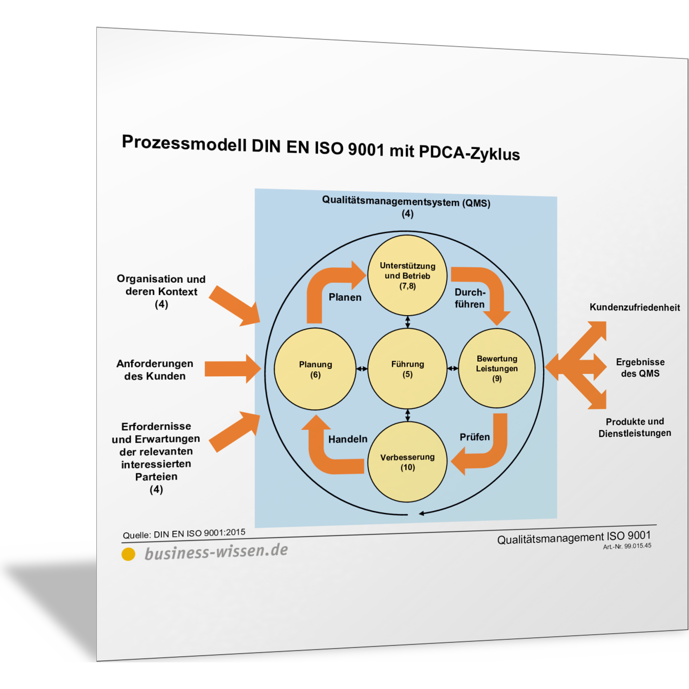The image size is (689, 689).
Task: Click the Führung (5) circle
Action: pyautogui.click(x=407, y=369)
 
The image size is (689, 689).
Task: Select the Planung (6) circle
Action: pyautogui.click(x=315, y=369)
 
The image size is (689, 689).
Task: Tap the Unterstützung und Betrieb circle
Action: pyautogui.click(x=407, y=276)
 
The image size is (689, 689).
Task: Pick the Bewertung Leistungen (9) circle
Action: pyautogui.click(x=496, y=368)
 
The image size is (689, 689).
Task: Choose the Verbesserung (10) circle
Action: pyautogui.click(x=407, y=462)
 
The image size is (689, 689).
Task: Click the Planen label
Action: pyautogui.click(x=345, y=297)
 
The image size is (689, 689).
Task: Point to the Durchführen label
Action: pyautogui.click(x=470, y=298)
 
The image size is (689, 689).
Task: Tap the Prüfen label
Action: pyautogui.click(x=474, y=437)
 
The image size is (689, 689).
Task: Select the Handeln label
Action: pyautogui.click(x=348, y=439)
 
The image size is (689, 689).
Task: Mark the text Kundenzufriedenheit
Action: pyautogui.click(x=634, y=307)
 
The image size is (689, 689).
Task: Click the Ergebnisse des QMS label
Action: pyautogui.click(x=640, y=368)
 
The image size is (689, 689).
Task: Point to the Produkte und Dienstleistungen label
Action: pyautogui.click(x=634, y=427)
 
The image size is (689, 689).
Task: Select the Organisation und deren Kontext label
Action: pyautogui.click(x=161, y=291)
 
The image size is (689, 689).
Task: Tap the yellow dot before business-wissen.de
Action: pyautogui.click(x=128, y=554)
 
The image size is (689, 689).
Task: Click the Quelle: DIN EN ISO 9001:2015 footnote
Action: pyautogui.click(x=184, y=534)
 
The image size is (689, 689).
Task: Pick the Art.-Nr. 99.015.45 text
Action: pyautogui.click(x=627, y=547)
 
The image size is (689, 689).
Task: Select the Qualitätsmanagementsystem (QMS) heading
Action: pyautogui.click(x=406, y=202)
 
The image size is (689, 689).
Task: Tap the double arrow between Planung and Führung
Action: pyautogui.click(x=362, y=369)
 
